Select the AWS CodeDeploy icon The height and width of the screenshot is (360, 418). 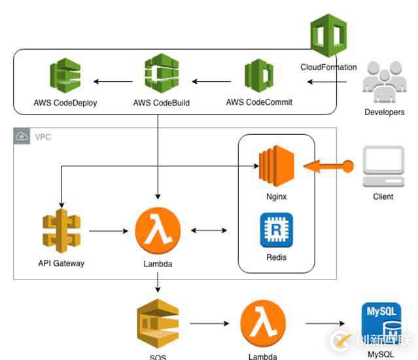(x=65, y=77)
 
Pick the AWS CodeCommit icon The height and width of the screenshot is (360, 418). (x=259, y=77)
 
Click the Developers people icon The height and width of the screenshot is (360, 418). (x=384, y=82)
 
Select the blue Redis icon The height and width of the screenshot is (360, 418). (x=276, y=230)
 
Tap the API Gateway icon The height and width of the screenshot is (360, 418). (x=61, y=231)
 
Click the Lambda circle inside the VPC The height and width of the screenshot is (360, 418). (x=157, y=231)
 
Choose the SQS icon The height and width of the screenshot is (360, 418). (x=157, y=325)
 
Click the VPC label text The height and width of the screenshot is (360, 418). (x=43, y=137)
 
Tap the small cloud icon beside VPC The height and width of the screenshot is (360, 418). (x=22, y=137)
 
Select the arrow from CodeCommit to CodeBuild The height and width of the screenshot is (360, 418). (x=211, y=82)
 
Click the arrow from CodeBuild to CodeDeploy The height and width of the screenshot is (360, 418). (x=115, y=82)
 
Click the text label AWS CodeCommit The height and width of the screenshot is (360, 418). (x=259, y=103)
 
